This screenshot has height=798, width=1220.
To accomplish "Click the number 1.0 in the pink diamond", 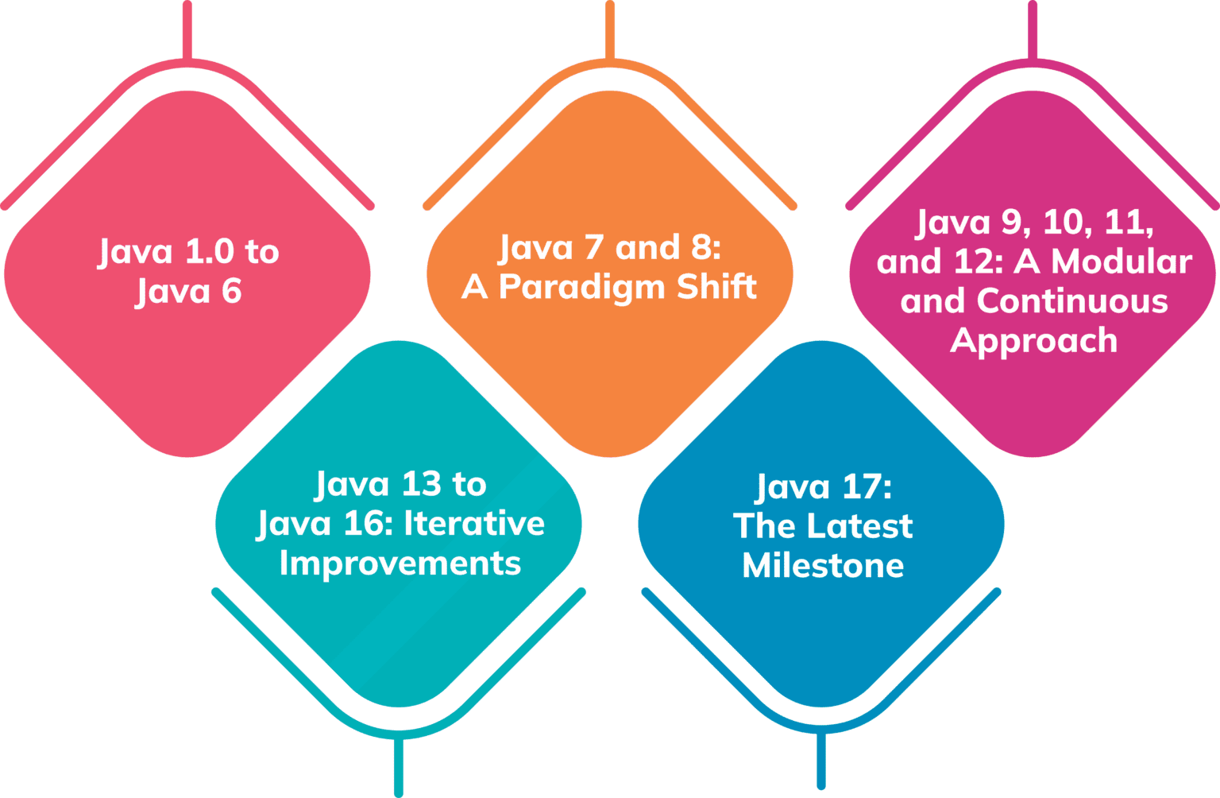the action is (209, 252).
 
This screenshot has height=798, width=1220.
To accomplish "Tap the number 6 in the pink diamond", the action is (231, 292).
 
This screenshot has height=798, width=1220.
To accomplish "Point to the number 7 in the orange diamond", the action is (593, 248).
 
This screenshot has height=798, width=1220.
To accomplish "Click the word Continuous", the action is (1072, 301).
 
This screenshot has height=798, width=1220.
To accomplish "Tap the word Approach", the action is (1033, 341).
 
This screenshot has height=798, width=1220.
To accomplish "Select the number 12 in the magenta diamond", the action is (983, 261).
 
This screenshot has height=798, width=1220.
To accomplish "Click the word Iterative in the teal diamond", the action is (474, 524).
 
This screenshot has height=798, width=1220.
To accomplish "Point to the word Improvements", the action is (400, 564).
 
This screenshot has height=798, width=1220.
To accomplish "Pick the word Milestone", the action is (823, 566).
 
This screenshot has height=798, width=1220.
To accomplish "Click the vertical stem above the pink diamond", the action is (187, 29).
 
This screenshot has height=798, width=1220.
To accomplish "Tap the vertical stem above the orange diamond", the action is (610, 29).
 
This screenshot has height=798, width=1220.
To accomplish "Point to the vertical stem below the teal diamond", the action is (399, 767).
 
